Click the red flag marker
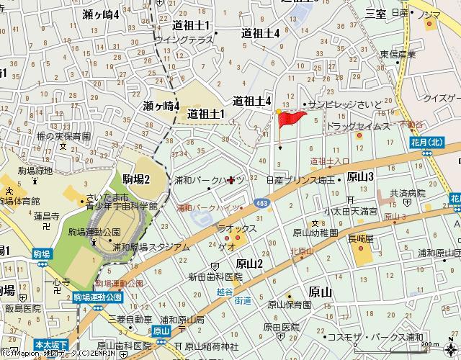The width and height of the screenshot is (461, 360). click(291, 119)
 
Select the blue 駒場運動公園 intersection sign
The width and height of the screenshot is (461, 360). click(98, 296)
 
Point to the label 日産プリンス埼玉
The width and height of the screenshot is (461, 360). click(300, 180)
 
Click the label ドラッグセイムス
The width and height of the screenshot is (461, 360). click(358, 126)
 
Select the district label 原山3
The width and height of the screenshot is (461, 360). click(359, 176)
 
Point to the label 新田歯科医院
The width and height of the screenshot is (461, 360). click(215, 276)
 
